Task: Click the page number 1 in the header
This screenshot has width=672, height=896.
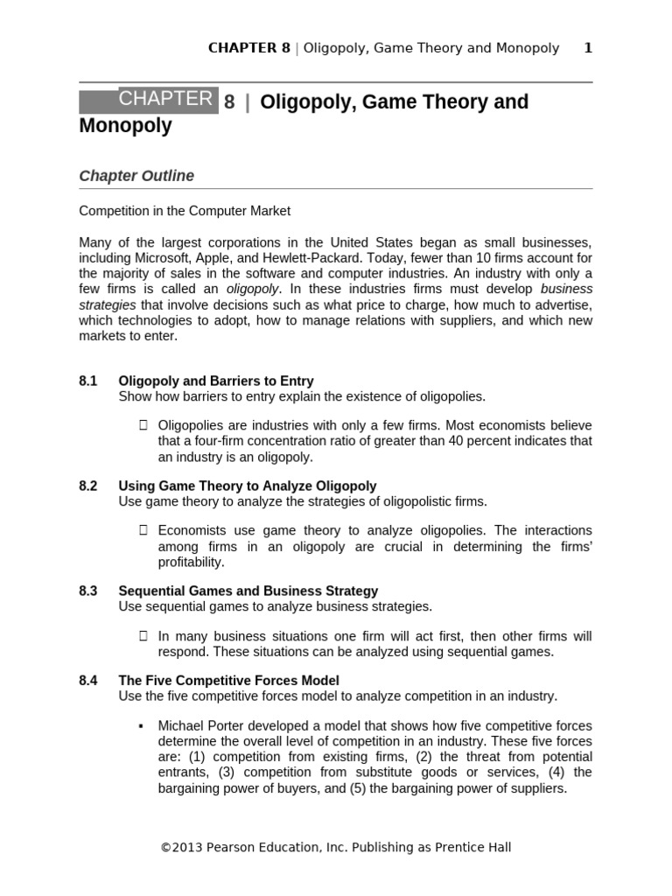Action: point(588,48)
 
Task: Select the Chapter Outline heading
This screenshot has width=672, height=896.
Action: point(136,176)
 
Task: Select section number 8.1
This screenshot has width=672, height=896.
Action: point(87,381)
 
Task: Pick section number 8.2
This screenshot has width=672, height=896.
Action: point(87,486)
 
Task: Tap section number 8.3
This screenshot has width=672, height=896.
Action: point(87,591)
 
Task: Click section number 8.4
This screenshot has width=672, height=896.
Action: point(87,680)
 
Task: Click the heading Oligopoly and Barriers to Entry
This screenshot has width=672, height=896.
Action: point(215,381)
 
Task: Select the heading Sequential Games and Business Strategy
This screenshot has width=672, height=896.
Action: point(248,591)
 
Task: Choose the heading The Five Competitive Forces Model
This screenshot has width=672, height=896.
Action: point(228,680)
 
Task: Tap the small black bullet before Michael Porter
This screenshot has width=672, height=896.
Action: point(141,726)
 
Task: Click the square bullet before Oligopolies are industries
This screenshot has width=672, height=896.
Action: point(143,425)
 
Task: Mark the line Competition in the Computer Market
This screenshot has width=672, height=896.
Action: point(185,211)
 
